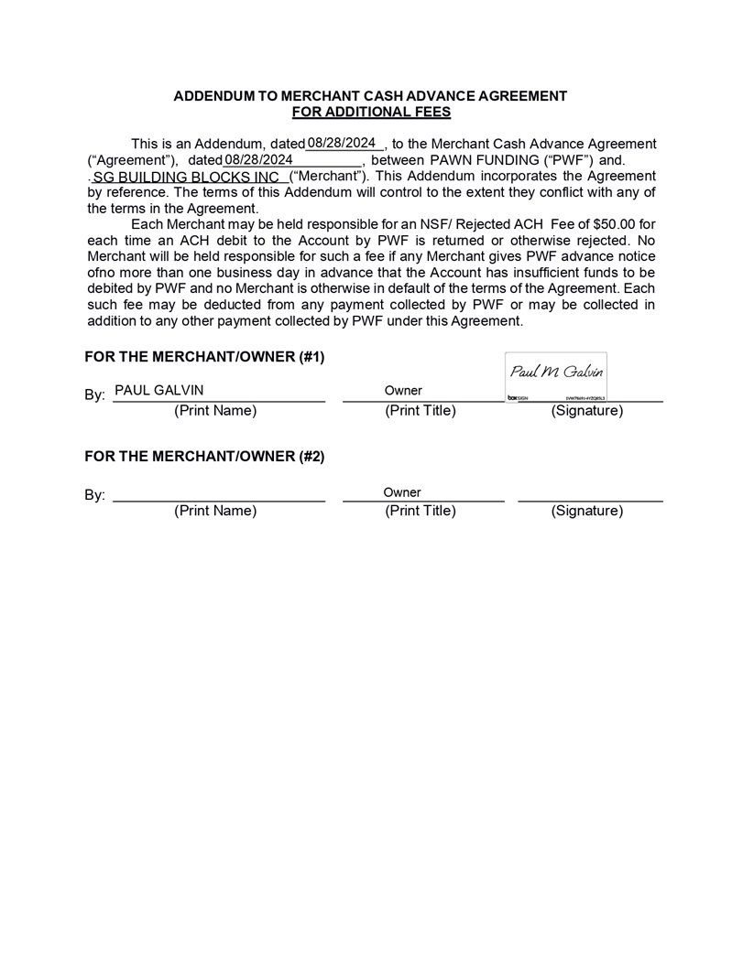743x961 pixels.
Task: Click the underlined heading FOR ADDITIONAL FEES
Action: [371, 112]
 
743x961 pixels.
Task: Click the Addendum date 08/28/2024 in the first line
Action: [343, 143]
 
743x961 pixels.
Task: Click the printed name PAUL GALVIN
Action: [159, 391]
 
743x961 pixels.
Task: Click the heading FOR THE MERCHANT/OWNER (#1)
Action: [204, 356]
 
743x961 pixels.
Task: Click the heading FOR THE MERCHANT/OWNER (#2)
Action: [204, 456]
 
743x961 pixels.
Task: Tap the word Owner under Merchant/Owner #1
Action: [403, 391]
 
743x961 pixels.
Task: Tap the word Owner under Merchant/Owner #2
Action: [402, 492]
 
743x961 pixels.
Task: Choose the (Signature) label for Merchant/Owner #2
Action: [586, 511]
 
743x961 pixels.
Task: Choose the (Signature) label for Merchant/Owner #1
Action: [586, 411]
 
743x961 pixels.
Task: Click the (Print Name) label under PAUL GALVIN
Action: [215, 411]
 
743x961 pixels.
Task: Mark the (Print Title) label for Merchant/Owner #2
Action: [421, 511]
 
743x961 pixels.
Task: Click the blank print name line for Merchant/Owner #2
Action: [218, 497]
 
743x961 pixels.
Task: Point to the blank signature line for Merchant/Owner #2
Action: [590, 497]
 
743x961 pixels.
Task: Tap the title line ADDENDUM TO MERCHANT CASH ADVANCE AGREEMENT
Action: [371, 96]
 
